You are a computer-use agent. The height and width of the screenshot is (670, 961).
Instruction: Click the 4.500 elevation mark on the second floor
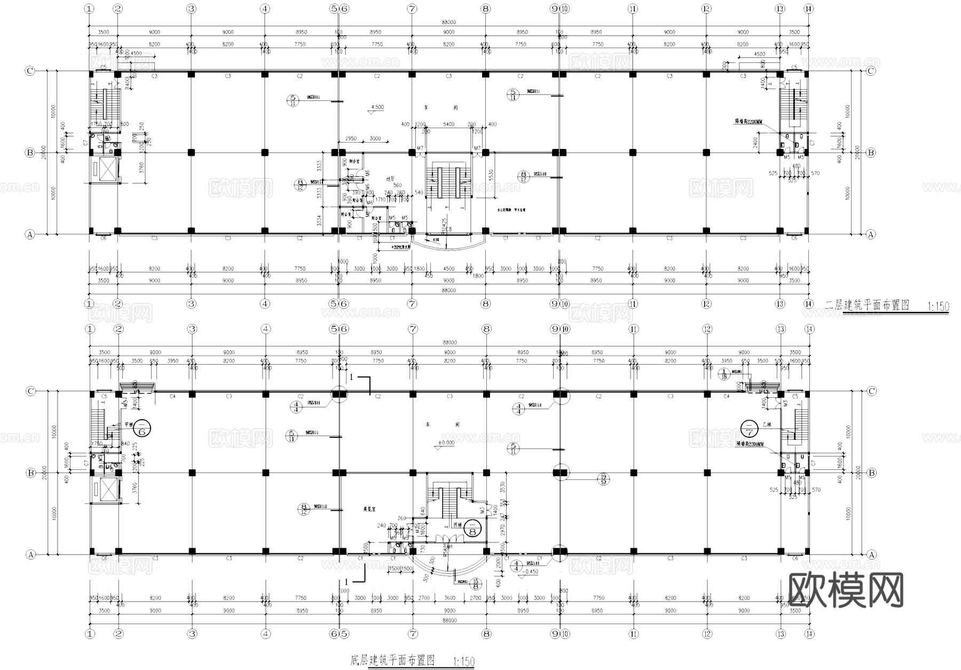[376, 107]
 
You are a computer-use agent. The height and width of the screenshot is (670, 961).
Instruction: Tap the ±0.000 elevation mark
[446, 443]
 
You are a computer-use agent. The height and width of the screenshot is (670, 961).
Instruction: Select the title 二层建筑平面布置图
[867, 305]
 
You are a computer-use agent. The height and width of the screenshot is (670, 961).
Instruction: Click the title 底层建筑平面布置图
[392, 660]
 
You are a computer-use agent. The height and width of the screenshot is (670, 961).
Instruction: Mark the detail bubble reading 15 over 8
[475, 584]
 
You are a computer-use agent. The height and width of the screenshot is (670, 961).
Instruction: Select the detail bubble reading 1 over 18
[724, 374]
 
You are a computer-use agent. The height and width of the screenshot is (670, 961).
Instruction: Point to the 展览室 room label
[368, 510]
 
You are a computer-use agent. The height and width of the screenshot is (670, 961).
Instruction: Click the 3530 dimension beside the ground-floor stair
[501, 487]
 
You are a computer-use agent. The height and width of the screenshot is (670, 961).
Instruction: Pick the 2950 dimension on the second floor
[351, 139]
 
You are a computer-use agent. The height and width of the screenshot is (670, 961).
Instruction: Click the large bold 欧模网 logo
[845, 590]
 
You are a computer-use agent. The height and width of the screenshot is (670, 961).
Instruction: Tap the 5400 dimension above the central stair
[448, 124]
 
